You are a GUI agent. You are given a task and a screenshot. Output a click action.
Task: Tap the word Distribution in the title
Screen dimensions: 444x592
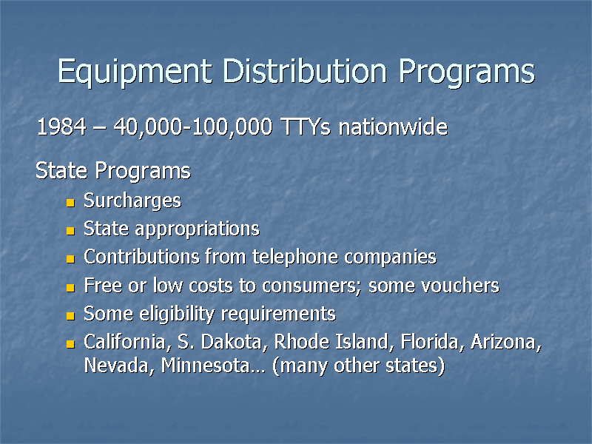[x=305, y=72]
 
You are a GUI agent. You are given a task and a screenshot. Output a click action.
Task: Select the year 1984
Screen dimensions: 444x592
[x=61, y=128]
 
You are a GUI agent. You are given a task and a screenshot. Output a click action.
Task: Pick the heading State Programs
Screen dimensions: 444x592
[x=113, y=172]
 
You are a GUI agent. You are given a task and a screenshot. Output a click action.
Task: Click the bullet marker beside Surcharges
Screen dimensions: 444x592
[x=70, y=202]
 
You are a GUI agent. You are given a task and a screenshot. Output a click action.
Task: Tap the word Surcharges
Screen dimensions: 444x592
[x=132, y=201]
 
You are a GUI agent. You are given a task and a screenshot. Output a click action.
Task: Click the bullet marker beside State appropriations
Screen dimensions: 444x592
[x=70, y=231]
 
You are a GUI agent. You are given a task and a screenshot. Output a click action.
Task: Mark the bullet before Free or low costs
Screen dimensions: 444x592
[x=70, y=287]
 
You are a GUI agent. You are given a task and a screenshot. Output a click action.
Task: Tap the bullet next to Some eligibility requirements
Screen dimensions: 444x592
[x=70, y=315]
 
